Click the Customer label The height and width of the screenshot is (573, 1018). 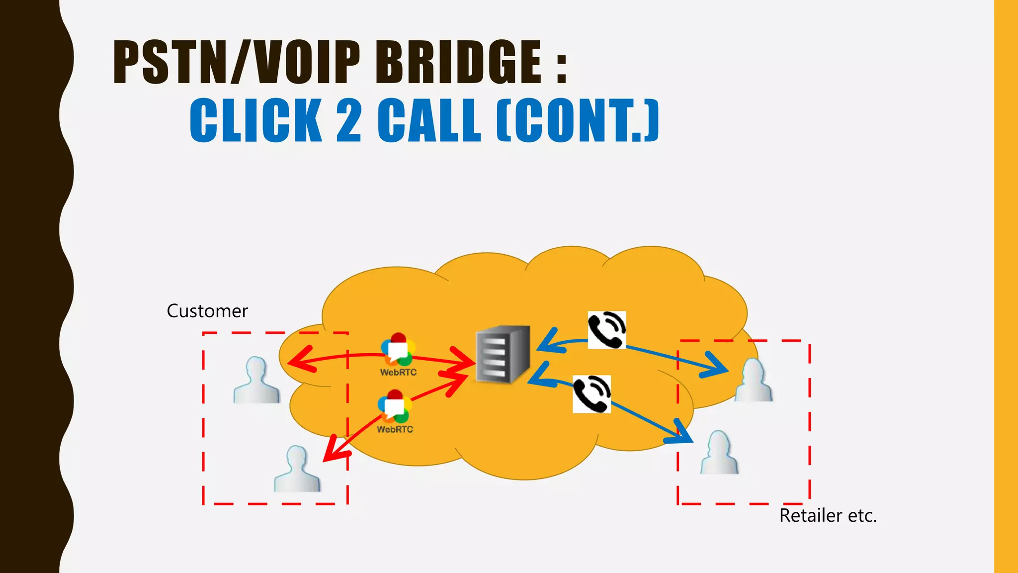pyautogui.click(x=207, y=311)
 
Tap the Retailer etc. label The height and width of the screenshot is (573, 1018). pyautogui.click(x=828, y=516)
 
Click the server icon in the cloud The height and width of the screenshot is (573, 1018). pyautogui.click(x=503, y=354)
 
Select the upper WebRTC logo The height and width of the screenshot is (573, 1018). pyautogui.click(x=398, y=350)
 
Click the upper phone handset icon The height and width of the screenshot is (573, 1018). pyautogui.click(x=606, y=330)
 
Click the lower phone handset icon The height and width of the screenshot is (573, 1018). pyautogui.click(x=592, y=394)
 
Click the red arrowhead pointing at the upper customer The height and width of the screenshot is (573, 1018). pyautogui.click(x=299, y=359)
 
